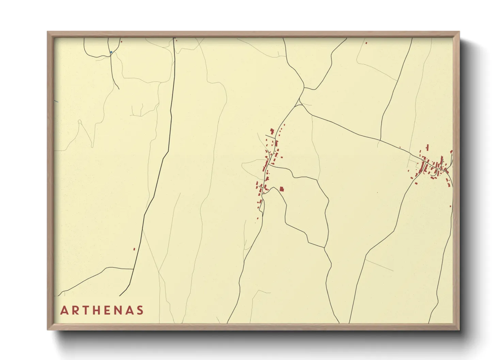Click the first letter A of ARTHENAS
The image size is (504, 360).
[64, 310]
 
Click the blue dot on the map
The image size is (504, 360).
[111, 52]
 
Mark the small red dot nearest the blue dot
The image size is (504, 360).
[121, 42]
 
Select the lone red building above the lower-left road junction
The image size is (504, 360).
[134, 249]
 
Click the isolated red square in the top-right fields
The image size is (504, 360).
[366, 43]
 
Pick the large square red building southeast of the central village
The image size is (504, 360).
[282, 189]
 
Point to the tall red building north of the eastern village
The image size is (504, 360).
[427, 147]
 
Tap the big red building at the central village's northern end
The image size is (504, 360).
[272, 131]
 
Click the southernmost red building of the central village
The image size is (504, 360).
[258, 218]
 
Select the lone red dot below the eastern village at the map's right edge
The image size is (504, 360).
[450, 206]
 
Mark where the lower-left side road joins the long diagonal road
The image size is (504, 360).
[133, 269]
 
